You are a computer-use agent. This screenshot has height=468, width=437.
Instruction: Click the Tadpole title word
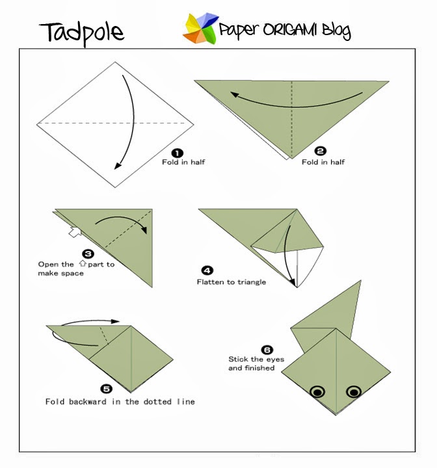pos(81,31)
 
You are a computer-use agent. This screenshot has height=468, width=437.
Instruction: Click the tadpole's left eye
pos(317,391)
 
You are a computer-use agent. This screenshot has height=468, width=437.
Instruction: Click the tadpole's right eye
pos(354,391)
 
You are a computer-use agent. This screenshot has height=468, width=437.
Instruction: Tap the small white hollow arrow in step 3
pos(75,231)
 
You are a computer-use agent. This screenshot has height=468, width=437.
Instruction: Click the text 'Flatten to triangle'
pos(232,282)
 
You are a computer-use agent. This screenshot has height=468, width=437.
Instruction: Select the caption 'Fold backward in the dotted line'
pos(120,402)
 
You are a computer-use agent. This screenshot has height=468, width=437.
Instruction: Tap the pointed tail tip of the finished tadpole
pos(360,282)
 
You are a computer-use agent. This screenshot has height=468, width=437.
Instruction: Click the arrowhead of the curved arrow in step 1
pos(118,165)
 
